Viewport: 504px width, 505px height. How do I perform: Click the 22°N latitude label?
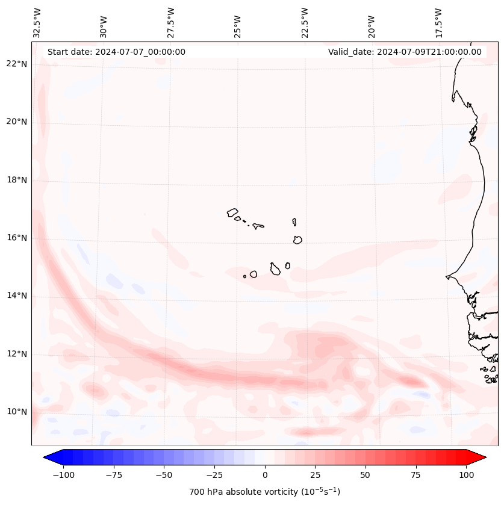[x=16, y=64]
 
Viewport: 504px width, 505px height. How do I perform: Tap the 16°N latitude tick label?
[x=16, y=238]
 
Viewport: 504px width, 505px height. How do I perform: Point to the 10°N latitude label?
[x=16, y=412]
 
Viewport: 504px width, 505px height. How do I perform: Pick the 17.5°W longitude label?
[x=439, y=22]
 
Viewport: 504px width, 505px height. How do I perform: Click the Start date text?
[x=116, y=52]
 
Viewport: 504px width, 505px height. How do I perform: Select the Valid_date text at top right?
[x=405, y=52]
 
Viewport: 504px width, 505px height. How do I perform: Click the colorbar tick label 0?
[x=264, y=475]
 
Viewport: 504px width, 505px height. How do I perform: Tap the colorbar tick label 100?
[x=466, y=475]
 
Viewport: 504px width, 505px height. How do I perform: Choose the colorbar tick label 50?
[x=365, y=475]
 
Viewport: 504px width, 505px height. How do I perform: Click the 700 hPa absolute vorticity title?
[x=264, y=492]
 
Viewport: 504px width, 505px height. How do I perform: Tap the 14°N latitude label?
[x=16, y=296]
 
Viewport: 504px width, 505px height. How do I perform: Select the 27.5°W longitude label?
[x=171, y=22]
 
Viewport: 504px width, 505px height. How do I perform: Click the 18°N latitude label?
[x=16, y=180]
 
